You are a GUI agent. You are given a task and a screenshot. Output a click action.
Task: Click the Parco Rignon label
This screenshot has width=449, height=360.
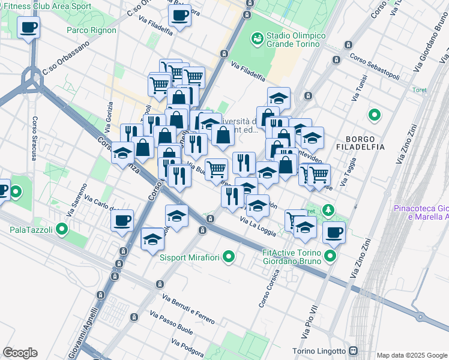click(92, 30)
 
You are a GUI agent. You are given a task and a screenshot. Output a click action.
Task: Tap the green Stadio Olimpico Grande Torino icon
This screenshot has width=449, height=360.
click(258, 38)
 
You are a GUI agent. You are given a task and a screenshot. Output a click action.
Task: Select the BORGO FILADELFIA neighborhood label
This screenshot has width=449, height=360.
click(360, 144)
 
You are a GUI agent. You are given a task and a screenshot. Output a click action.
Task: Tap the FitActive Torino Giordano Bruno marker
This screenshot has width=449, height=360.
click(330, 257)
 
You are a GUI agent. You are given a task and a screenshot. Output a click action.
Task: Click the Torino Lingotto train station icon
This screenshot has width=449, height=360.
click(353, 351)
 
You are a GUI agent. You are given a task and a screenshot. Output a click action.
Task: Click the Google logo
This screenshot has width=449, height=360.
click(20, 353)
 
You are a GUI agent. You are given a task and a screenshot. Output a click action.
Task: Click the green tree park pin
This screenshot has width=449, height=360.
click(328, 210)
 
